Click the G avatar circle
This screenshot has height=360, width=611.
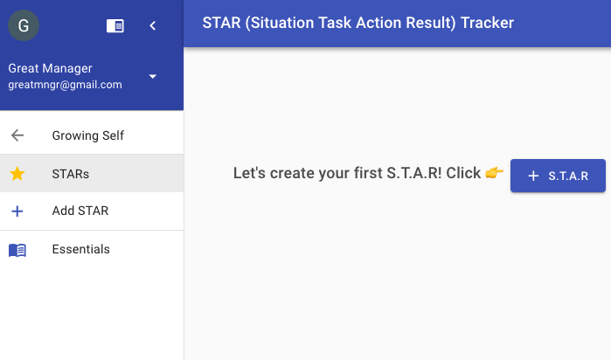[x=24, y=25]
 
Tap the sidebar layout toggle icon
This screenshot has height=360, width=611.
[x=115, y=26]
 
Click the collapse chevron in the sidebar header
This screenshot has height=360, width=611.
[x=153, y=25]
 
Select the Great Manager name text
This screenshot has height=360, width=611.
[x=51, y=68]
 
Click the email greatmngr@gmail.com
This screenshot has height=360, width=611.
[x=65, y=85]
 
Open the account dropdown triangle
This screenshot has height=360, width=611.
[x=153, y=76]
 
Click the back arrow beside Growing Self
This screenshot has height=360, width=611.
[x=17, y=135]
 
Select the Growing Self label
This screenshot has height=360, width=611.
[x=88, y=135]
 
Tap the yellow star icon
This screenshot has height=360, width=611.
[x=17, y=173]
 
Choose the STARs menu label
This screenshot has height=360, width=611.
[x=71, y=174]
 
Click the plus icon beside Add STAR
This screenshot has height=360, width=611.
[x=17, y=211]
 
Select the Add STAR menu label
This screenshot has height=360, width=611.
[x=80, y=211]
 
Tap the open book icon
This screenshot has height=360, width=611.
[x=17, y=250]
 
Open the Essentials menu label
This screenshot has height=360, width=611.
[x=81, y=249]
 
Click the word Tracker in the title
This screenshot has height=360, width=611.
[x=487, y=23]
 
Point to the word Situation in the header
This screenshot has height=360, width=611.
[x=281, y=23]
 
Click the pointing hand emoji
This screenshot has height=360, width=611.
[x=495, y=172]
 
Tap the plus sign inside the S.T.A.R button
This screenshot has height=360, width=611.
[x=533, y=177]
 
